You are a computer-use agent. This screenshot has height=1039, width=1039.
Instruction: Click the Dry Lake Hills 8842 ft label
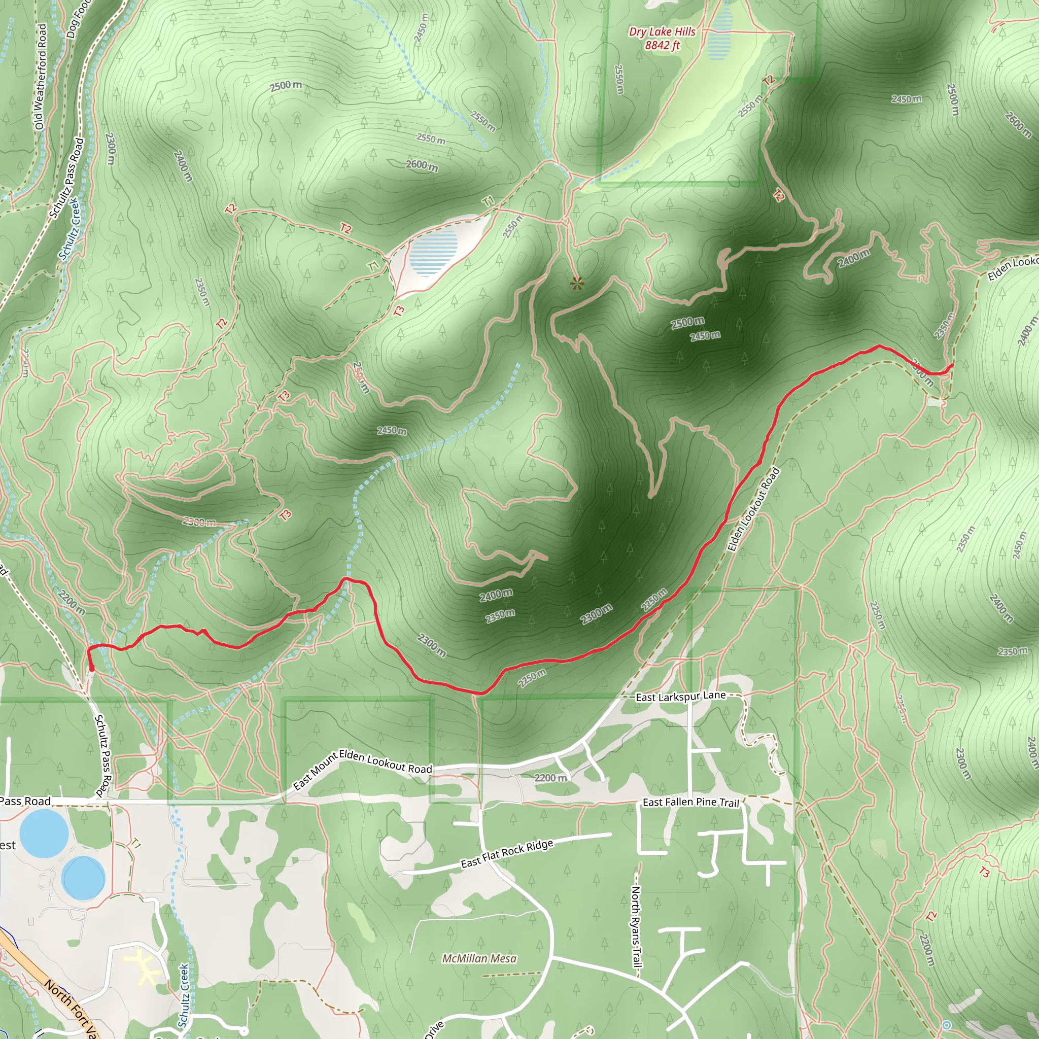click(662, 39)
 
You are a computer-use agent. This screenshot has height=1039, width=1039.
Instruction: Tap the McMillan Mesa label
click(479, 958)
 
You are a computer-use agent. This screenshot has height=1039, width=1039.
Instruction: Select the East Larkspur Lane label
click(680, 697)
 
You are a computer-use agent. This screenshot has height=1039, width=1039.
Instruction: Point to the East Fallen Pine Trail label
click(691, 803)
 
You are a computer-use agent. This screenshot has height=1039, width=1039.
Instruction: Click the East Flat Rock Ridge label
click(507, 854)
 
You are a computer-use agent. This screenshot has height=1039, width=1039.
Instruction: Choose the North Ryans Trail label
click(636, 926)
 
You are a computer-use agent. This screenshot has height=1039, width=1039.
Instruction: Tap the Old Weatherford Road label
click(41, 77)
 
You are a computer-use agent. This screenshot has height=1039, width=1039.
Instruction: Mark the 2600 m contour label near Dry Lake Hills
click(422, 165)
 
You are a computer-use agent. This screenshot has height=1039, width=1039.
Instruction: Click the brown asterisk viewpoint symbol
click(577, 283)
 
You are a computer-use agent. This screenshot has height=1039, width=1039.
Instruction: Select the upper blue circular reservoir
click(44, 834)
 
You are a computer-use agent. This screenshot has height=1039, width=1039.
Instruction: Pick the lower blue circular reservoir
click(83, 878)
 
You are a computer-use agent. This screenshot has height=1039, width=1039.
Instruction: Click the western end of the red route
click(91, 669)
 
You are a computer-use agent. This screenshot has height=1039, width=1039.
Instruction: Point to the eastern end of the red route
click(952, 366)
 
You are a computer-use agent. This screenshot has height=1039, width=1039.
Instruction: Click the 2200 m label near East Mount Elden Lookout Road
click(550, 778)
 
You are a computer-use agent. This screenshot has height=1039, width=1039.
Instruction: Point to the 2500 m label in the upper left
click(286, 86)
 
